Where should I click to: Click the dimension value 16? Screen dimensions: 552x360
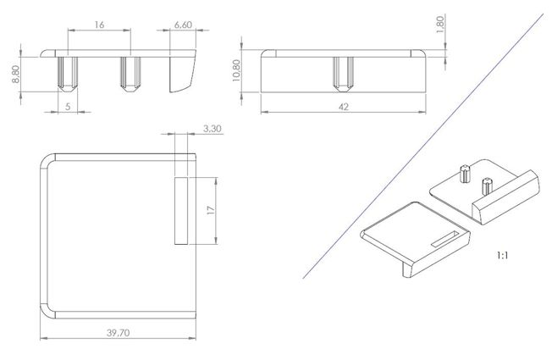(99, 25)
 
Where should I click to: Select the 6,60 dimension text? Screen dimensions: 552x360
(183, 25)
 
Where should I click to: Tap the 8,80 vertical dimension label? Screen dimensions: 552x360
(16, 75)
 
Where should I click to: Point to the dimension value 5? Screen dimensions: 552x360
(68, 107)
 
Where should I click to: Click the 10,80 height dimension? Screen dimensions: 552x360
(236, 70)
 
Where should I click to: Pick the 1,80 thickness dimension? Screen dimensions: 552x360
(440, 25)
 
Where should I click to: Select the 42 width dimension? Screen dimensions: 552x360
(343, 107)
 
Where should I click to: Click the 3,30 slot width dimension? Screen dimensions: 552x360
(213, 129)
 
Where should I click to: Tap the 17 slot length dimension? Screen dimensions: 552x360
(211, 211)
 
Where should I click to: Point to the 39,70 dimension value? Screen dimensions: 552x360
(119, 333)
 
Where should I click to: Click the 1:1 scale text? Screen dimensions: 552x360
(502, 255)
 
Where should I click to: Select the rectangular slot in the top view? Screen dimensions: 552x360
(181, 211)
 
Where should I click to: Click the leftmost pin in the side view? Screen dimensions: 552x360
(68, 74)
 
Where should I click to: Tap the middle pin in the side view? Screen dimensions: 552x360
(130, 74)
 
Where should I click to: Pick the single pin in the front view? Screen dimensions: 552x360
(343, 74)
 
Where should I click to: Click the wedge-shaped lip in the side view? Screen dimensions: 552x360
(181, 74)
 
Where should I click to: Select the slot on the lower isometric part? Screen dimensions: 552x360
(445, 239)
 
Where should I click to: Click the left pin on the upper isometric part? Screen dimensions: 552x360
(466, 174)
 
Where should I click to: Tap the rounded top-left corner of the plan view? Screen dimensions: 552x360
(48, 161)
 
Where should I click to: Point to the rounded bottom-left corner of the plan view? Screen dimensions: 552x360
(48, 311)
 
